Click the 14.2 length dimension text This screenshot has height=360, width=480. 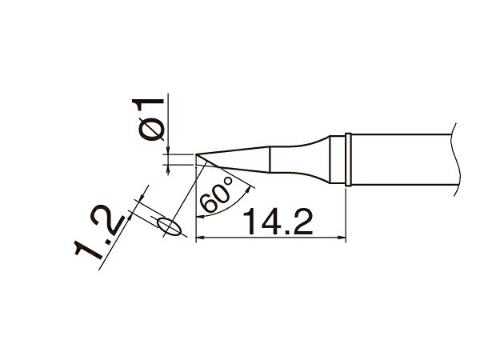(278, 221)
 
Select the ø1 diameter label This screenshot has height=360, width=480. (148, 120)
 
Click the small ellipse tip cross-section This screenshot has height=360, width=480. (169, 227)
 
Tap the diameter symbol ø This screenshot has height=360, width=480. (150, 130)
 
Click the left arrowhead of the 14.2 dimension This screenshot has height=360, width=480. (199, 237)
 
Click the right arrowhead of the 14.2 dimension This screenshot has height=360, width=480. (342, 237)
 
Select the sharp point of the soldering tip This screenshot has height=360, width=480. (195, 154)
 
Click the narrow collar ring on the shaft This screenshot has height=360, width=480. (348, 159)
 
